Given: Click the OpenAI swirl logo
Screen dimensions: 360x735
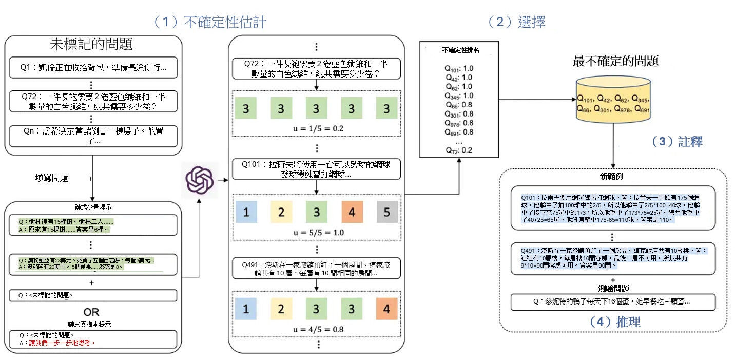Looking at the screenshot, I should (199, 180).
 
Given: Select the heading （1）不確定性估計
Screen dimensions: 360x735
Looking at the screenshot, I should (210, 22).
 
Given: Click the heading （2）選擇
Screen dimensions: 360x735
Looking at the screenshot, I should (516, 22).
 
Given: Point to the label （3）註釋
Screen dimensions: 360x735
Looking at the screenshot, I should (676, 142).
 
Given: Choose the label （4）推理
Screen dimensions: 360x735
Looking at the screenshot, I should (615, 322).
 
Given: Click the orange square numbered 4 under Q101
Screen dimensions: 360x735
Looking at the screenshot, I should (352, 212).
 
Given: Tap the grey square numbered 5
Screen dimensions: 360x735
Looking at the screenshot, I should (386, 212).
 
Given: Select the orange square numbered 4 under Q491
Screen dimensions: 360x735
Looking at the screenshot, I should (386, 309).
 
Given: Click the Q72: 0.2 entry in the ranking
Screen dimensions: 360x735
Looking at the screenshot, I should (459, 150).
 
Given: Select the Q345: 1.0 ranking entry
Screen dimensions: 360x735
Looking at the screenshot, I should (459, 96).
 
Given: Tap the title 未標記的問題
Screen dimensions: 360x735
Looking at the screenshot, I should (92, 45).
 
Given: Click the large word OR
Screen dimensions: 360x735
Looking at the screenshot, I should (91, 312).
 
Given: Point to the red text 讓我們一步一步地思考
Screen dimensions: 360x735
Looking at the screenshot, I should (64, 343).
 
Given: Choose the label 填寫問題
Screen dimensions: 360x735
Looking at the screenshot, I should (52, 178).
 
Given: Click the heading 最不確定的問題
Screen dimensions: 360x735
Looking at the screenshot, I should (615, 62).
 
